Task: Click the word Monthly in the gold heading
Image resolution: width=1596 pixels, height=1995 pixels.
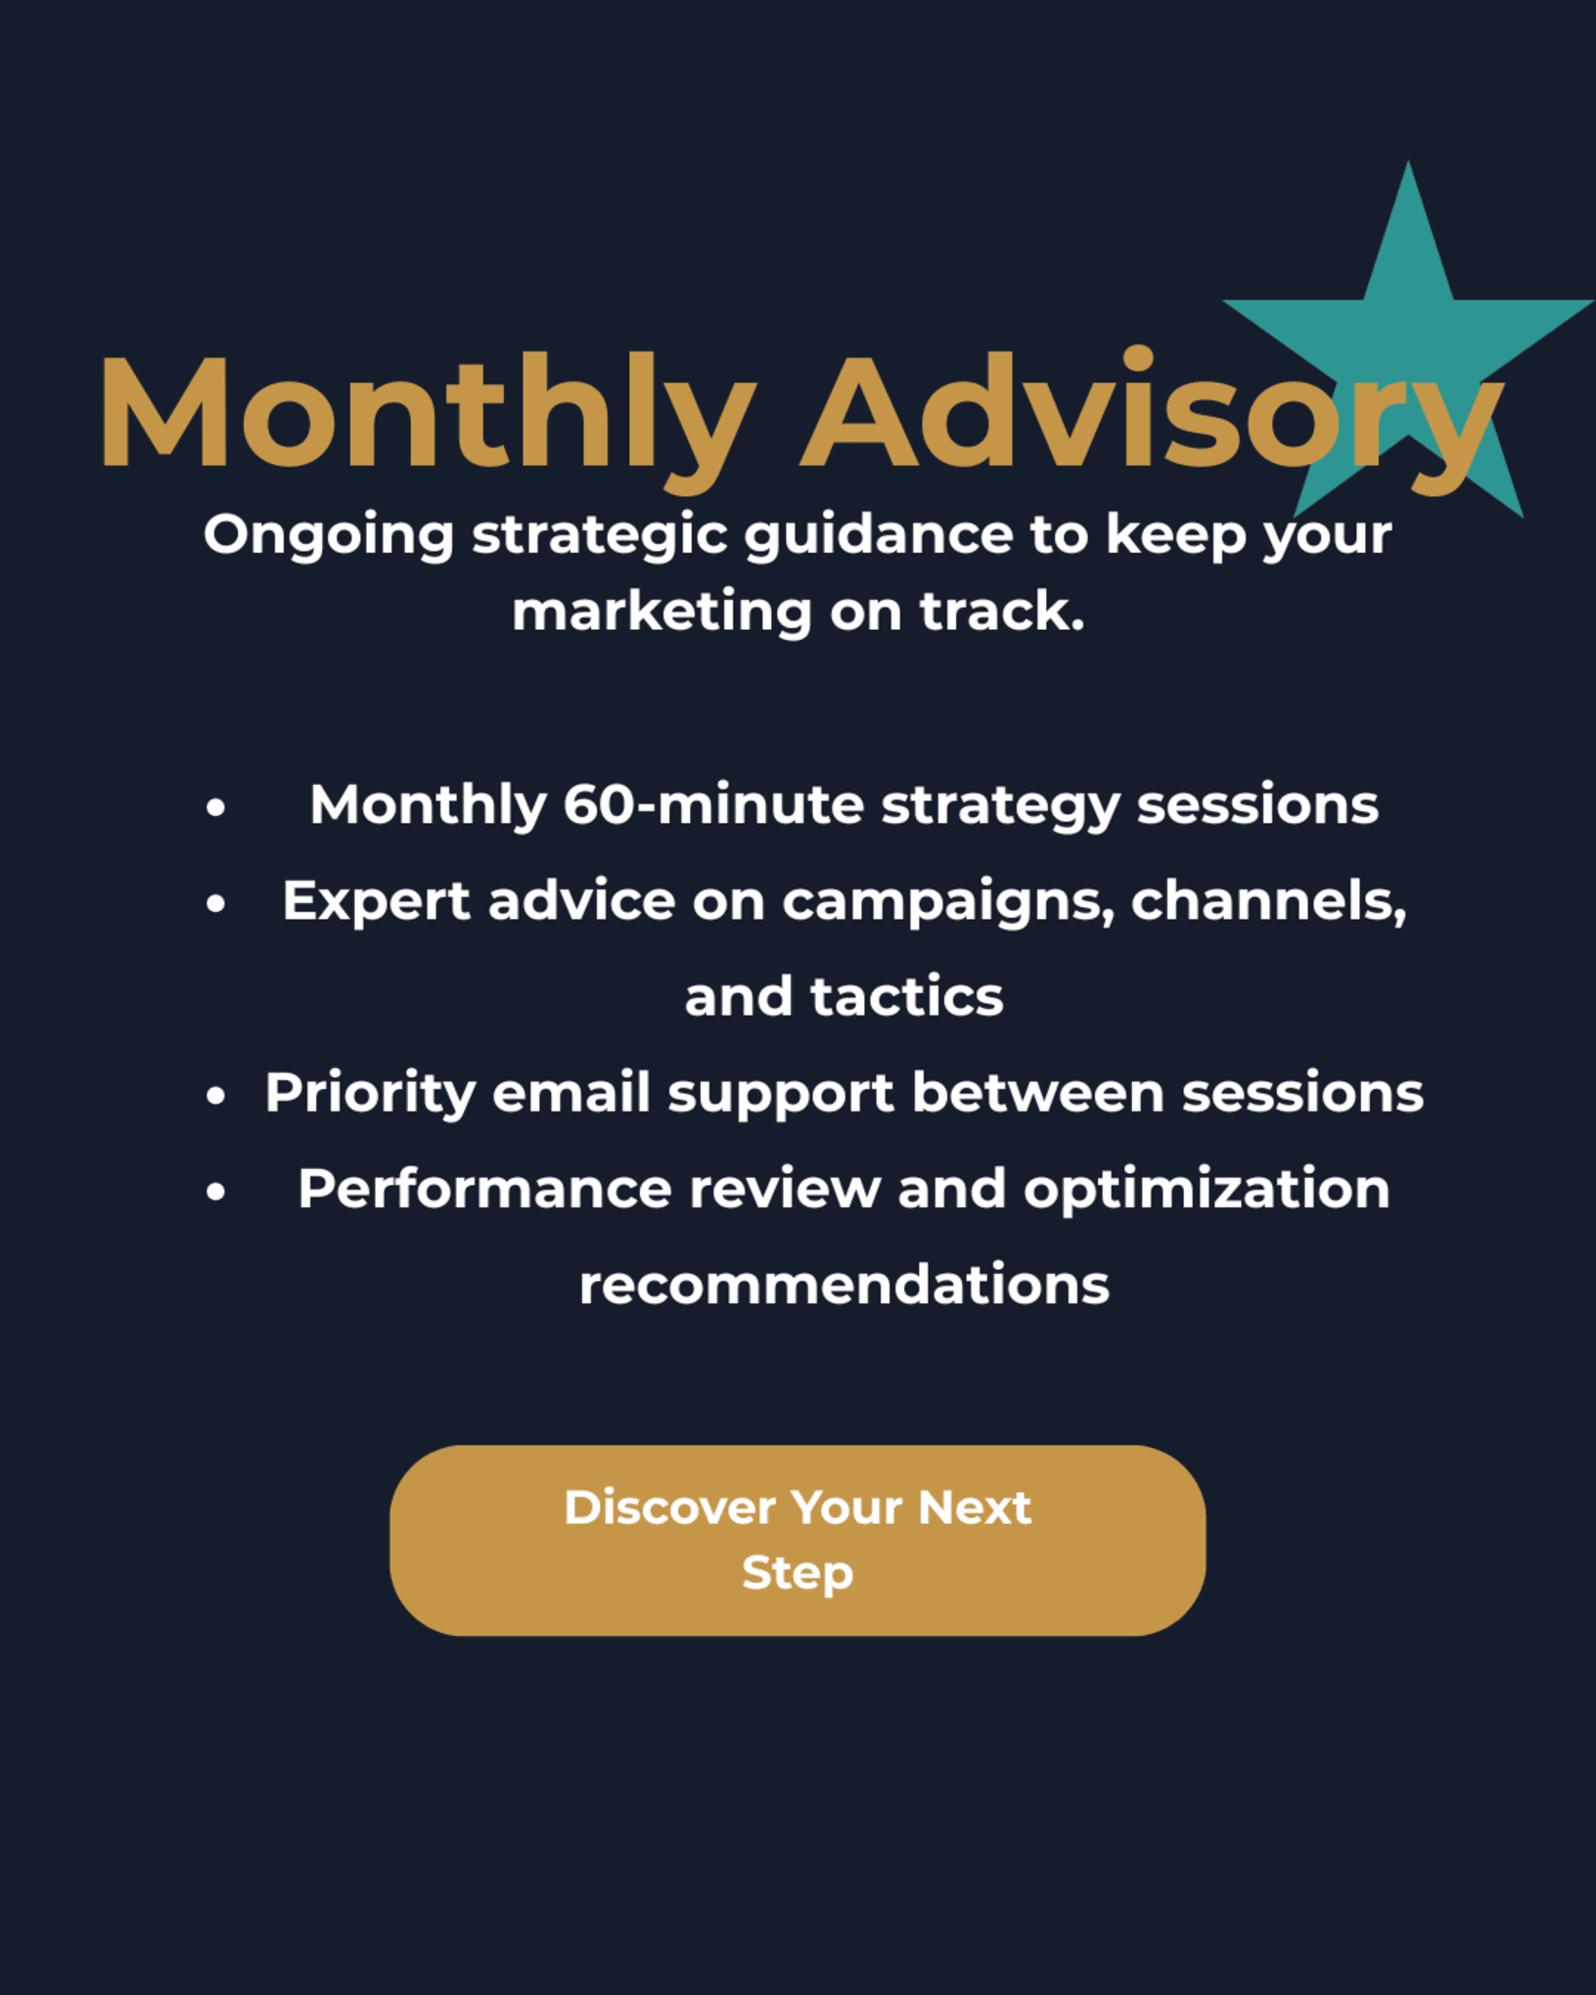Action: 428,418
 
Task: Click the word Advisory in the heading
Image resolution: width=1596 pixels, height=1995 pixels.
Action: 1153,418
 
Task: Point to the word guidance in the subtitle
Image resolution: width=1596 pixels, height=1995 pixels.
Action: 879,537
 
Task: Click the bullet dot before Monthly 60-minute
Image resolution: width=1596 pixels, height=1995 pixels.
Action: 216,807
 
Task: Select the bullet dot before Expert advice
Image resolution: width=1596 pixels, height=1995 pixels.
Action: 216,903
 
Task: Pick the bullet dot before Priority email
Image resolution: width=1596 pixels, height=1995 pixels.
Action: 216,1095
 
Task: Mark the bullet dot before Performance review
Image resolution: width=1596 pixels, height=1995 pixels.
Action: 216,1191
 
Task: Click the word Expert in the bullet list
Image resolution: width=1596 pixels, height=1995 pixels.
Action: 377,902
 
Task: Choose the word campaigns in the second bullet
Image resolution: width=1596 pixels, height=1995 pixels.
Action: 949,902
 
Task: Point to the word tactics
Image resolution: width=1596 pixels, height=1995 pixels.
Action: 907,997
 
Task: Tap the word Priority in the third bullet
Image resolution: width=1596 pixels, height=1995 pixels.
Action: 370,1094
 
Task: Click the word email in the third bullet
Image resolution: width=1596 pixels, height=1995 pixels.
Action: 571,1092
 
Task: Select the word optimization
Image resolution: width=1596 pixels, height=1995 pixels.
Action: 1207,1190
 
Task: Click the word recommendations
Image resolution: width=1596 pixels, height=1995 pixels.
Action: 844,1285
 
